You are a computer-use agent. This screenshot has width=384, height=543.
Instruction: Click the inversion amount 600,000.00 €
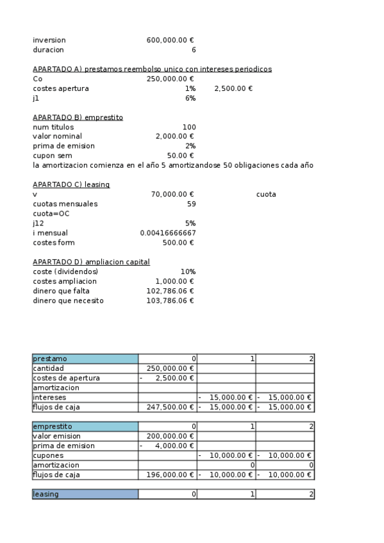pyautogui.click(x=170, y=40)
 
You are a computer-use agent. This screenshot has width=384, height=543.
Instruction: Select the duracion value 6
pyautogui.click(x=194, y=49)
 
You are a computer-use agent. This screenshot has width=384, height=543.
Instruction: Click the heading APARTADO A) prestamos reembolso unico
pyautogui.click(x=152, y=69)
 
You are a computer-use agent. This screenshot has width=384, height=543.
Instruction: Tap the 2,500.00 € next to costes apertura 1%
pyautogui.click(x=233, y=88)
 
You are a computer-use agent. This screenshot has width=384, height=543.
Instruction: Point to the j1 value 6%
pyautogui.click(x=190, y=98)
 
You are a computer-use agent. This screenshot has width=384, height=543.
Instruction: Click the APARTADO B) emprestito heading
pyautogui.click(x=78, y=117)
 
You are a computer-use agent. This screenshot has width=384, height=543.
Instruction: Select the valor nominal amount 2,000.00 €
pyautogui.click(x=174, y=136)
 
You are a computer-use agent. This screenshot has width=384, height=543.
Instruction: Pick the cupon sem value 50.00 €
pyautogui.click(x=180, y=156)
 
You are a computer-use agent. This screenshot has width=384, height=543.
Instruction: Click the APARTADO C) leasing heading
pyautogui.click(x=71, y=184)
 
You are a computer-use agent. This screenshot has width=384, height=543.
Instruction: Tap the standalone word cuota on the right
pyautogui.click(x=266, y=194)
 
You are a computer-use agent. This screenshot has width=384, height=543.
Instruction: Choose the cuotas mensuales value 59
pyautogui.click(x=191, y=204)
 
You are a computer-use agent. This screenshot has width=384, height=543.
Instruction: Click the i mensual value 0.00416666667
pyautogui.click(x=168, y=233)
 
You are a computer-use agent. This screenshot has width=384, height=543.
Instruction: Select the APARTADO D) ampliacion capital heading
pyautogui.click(x=91, y=262)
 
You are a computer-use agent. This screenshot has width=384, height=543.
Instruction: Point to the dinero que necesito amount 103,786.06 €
pyautogui.click(x=170, y=300)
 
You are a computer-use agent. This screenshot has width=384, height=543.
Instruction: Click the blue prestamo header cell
pyautogui.click(x=85, y=359)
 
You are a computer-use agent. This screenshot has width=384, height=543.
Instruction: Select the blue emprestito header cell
pyautogui.click(x=85, y=426)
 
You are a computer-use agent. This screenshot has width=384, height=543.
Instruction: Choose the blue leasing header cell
pyautogui.click(x=85, y=494)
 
